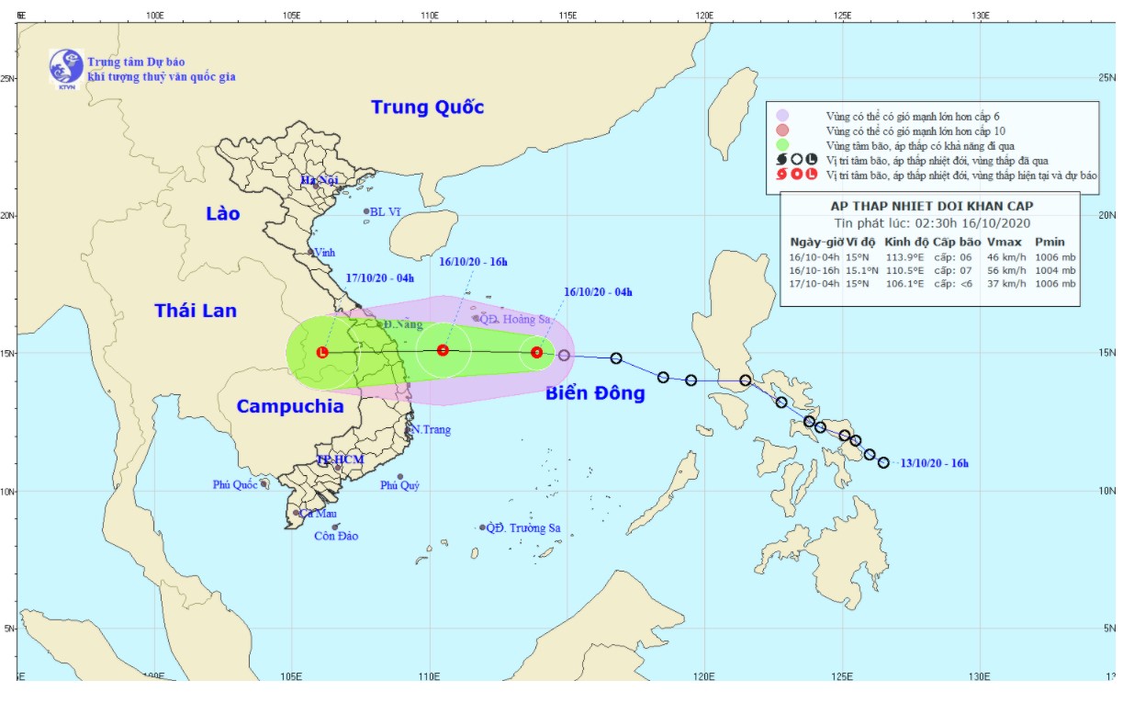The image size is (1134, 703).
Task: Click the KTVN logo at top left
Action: pyautogui.click(x=66, y=68)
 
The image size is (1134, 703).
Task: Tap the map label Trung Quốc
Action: pyautogui.click(x=427, y=108)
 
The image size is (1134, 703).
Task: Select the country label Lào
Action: pyautogui.click(x=222, y=214)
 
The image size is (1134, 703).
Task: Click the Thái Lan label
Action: pyautogui.click(x=195, y=311)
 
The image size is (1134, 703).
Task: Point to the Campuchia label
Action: pyautogui.click(x=290, y=406)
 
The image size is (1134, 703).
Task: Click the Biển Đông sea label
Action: pyautogui.click(x=595, y=393)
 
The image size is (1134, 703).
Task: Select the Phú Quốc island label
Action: pyautogui.click(x=234, y=484)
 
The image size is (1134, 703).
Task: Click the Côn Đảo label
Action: pyautogui.click(x=336, y=536)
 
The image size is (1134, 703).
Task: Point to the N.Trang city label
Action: pyautogui.click(x=430, y=429)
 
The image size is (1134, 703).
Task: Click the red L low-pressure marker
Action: pyautogui.click(x=322, y=352)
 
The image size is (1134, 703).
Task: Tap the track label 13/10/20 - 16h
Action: pyautogui.click(x=934, y=463)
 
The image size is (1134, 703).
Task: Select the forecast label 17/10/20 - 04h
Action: pyautogui.click(x=380, y=278)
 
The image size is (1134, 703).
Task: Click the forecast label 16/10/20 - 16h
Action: pyautogui.click(x=473, y=262)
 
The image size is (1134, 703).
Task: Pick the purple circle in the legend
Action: pyautogui.click(x=782, y=116)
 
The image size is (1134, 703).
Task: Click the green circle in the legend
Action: pyautogui.click(x=782, y=145)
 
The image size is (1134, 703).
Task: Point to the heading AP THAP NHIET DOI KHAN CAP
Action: pyautogui.click(x=931, y=206)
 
